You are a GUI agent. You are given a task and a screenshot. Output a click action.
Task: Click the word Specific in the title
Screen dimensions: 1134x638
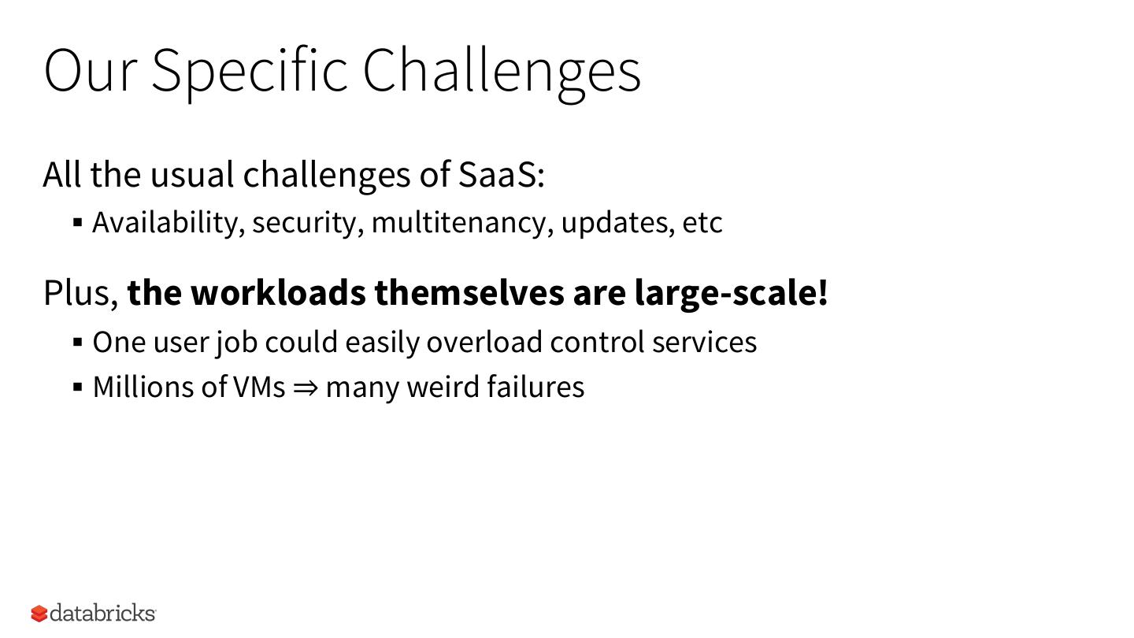pyautogui.click(x=250, y=71)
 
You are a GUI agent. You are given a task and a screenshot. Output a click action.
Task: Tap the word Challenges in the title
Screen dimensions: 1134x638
pyautogui.click(x=502, y=72)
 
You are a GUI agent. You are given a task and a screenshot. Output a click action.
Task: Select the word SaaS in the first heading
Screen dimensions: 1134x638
pyautogui.click(x=501, y=175)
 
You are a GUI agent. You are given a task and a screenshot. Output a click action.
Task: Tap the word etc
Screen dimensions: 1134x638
pyautogui.click(x=702, y=224)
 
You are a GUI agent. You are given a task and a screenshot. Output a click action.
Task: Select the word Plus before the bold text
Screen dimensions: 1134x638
pyautogui.click(x=81, y=293)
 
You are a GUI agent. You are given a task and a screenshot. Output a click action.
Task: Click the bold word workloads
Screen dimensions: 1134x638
pyautogui.click(x=279, y=293)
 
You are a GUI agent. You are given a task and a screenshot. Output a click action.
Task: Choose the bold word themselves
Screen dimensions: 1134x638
pyautogui.click(x=469, y=293)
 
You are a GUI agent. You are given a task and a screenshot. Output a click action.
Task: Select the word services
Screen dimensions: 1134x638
pyautogui.click(x=704, y=343)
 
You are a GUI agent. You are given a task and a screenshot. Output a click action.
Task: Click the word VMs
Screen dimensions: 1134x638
pyautogui.click(x=259, y=388)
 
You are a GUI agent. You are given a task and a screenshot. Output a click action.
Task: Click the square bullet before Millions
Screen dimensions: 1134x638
pyautogui.click(x=77, y=388)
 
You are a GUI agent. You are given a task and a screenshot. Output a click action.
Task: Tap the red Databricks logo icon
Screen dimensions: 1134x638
pyautogui.click(x=39, y=614)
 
